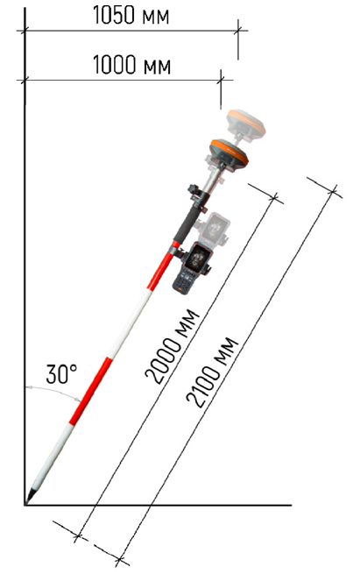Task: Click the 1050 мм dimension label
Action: coord(131,15)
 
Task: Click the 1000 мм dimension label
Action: coord(131,65)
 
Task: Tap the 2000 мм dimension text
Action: coord(173,346)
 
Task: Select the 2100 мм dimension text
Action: coord(212,372)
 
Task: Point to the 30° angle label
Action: coord(62,373)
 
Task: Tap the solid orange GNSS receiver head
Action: coord(229,155)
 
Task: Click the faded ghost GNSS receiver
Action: coord(246,124)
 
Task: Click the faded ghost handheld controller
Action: coord(214,228)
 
